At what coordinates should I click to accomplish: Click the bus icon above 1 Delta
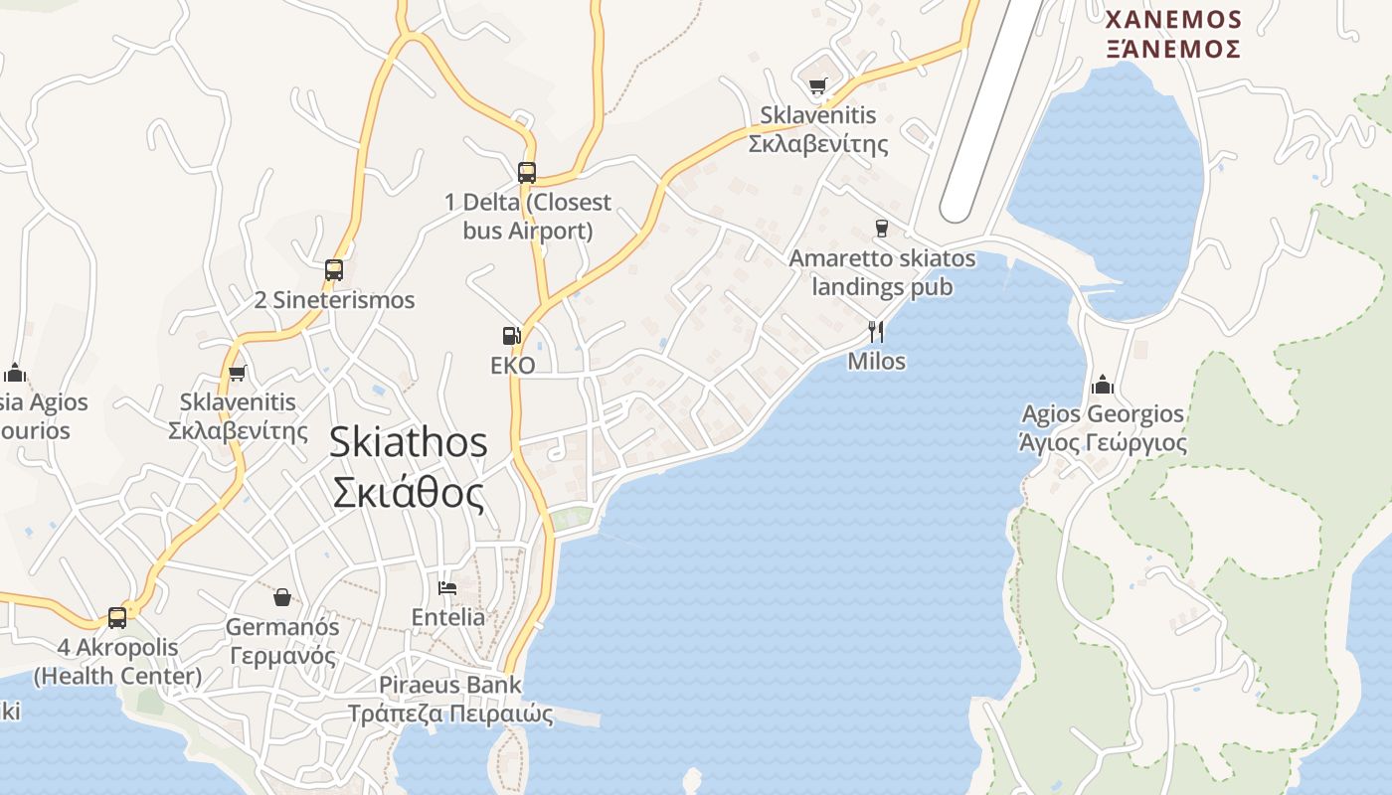pos(527,173)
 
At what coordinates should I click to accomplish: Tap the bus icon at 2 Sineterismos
pos(334,270)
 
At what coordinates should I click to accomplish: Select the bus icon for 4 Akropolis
pos(117,618)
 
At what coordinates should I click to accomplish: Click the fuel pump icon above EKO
pos(512,336)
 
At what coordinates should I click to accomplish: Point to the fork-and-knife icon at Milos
pos(876,331)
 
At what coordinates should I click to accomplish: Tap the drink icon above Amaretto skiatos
pos(881,229)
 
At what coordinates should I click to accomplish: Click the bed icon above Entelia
pos(447,588)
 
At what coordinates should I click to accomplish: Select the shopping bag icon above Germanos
pos(282,597)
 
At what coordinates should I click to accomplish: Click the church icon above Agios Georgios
pos(1103,385)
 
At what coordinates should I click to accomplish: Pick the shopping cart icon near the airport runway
pos(817,85)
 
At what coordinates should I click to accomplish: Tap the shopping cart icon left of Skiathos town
pos(237,374)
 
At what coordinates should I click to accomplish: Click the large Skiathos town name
pos(408,442)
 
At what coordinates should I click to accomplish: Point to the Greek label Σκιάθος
pos(408,493)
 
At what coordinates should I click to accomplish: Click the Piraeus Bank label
pos(449,685)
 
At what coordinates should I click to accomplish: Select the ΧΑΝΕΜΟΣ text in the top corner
pos(1173,20)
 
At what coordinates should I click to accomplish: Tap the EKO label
pos(513,366)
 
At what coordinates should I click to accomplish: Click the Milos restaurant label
pos(876,361)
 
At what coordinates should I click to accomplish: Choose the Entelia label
pos(448,617)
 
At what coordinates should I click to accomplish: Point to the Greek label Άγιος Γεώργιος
pos(1103,442)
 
